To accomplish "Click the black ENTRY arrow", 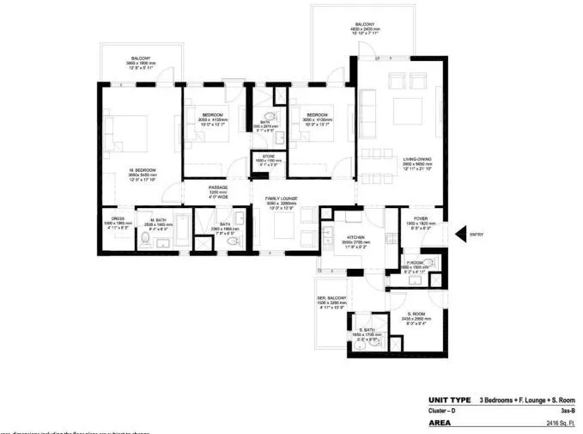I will (x=461, y=233).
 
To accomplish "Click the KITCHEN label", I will (x=355, y=236).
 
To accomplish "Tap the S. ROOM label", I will (x=417, y=314).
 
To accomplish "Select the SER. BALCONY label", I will (x=331, y=298).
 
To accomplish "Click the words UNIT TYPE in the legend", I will (x=447, y=400).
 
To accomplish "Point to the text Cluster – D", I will (x=443, y=412).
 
